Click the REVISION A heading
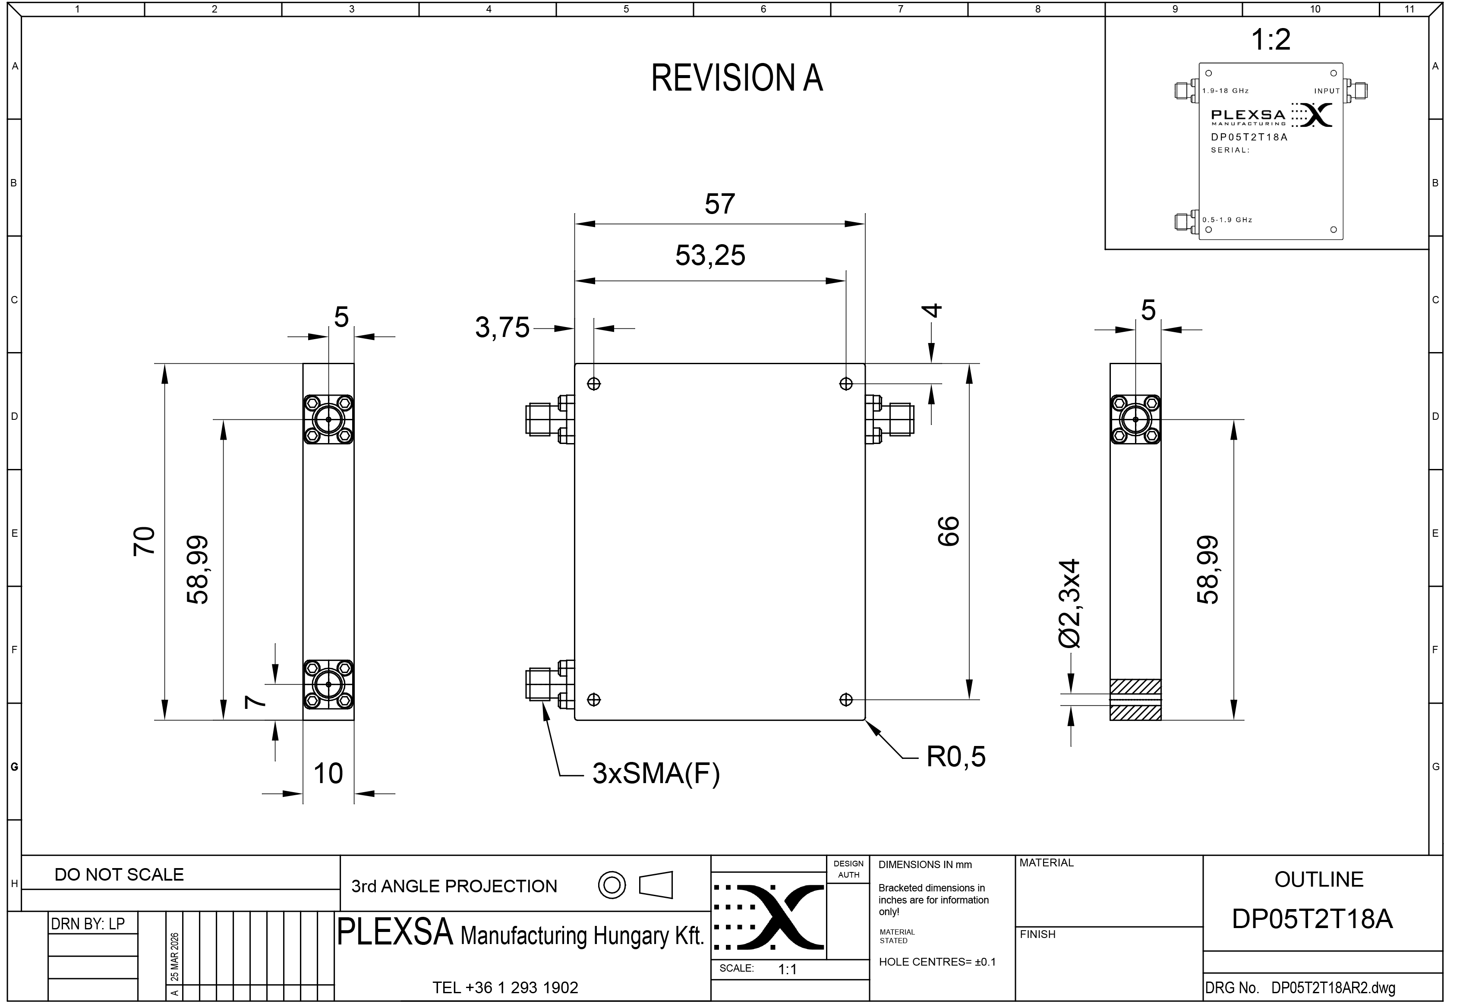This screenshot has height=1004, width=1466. coord(736,79)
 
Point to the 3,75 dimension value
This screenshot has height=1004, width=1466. coord(502,328)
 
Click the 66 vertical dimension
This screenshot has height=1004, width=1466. coord(949,531)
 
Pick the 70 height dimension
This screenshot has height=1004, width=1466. coord(144,541)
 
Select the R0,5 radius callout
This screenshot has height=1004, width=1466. coord(955,757)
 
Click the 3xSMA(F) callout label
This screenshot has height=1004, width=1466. coord(656,774)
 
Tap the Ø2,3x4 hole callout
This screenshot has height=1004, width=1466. coord(1070,604)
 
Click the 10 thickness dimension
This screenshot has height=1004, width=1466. coord(328,774)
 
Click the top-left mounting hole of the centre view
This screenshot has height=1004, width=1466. coord(593,384)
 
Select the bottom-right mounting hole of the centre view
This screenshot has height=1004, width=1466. coord(846,699)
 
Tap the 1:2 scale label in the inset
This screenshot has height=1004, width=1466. coord(1271,40)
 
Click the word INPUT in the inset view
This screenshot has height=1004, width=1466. coord(1327,91)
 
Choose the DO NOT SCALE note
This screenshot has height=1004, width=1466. coord(119,875)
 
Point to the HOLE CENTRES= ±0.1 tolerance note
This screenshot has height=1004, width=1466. coord(937,962)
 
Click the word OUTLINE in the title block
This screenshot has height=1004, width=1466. coord(1318,880)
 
